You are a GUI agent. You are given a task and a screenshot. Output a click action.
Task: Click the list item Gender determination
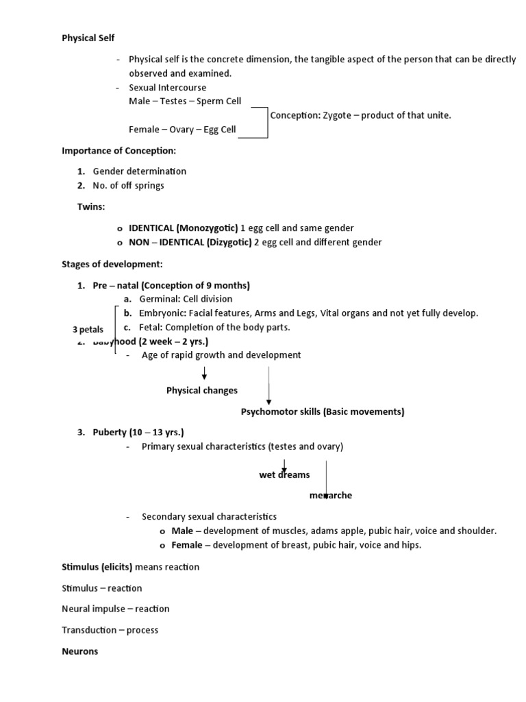point(139,171)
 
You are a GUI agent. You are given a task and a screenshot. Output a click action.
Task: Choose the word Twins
point(92,206)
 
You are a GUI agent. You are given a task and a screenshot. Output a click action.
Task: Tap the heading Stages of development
point(112,264)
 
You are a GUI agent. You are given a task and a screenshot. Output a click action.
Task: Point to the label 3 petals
point(88,330)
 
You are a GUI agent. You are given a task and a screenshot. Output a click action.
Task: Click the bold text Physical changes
point(202,390)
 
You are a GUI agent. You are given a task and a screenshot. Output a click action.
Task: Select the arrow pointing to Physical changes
point(204,374)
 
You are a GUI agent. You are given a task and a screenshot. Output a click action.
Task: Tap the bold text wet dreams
point(284,474)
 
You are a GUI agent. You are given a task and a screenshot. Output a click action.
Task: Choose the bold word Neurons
point(80,651)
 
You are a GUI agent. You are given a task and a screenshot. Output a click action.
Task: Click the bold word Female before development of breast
point(186,545)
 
